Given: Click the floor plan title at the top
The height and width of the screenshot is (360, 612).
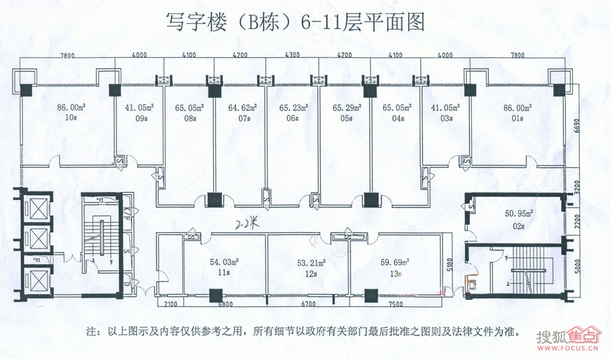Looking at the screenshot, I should point(295,22).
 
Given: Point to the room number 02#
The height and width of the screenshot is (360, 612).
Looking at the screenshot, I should point(518,226).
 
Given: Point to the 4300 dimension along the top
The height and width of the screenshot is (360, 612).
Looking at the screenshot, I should point(292,55).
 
